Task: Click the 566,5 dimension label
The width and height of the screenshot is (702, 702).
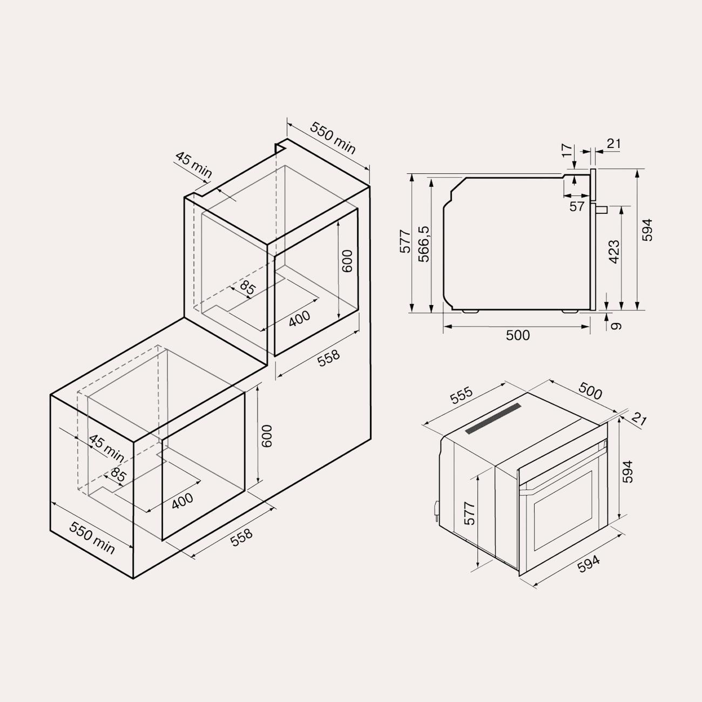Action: tap(424, 244)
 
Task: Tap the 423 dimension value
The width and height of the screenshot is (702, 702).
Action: tap(614, 252)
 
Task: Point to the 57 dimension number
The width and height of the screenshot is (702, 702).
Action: tap(577, 207)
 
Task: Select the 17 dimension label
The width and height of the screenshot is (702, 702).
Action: tap(567, 150)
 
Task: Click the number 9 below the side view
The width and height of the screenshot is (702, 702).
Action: tap(615, 326)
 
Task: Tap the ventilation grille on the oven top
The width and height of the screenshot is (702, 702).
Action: tap(493, 418)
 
